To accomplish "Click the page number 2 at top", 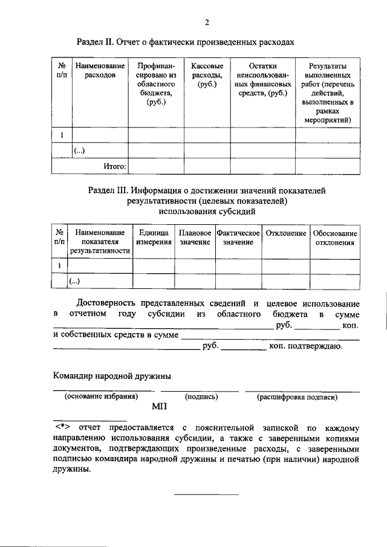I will (x=206, y=23).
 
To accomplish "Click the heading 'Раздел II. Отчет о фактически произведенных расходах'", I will (x=185, y=43).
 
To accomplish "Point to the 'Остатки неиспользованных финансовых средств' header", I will (x=262, y=79).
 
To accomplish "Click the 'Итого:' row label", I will (x=113, y=165).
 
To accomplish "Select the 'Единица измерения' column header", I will (x=153, y=238).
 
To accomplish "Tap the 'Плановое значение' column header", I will (x=195, y=238).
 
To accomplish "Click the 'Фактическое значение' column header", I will (x=238, y=238).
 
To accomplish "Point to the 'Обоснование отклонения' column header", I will (x=334, y=238).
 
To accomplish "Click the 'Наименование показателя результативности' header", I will (x=100, y=242).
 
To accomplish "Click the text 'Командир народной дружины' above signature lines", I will (x=112, y=376).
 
